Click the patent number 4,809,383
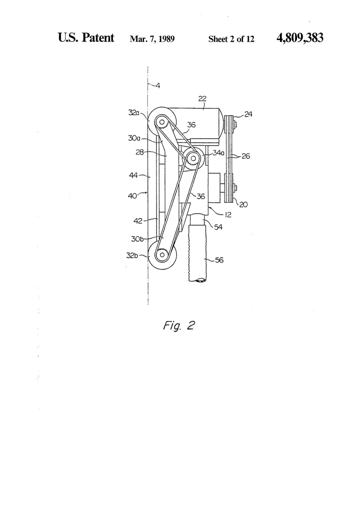[x=300, y=38]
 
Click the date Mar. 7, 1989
[x=152, y=39]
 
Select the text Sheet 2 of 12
[x=231, y=39]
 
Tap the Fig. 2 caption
[x=179, y=326]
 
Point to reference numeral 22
[x=202, y=99]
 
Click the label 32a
[x=134, y=112]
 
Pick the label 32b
[x=132, y=256]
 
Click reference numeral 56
[x=219, y=260]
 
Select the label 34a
[x=218, y=153]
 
